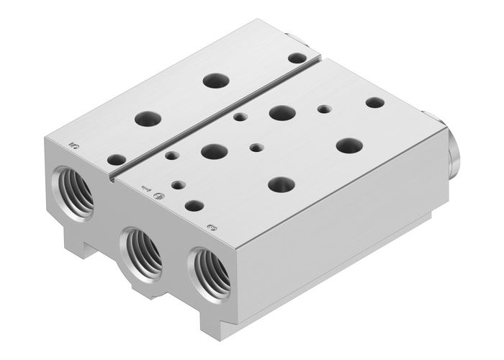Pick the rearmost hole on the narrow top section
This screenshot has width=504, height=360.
(x=296, y=58)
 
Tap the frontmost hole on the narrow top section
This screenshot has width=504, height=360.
(x=115, y=159)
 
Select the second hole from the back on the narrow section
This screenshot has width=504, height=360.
(x=215, y=80)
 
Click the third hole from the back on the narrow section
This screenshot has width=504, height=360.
(x=148, y=118)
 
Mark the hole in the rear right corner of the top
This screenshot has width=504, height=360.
(x=374, y=102)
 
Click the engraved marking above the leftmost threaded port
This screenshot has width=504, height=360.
(x=73, y=145)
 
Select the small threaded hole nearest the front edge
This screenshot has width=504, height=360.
(x=176, y=184)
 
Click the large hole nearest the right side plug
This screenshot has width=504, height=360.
(x=348, y=145)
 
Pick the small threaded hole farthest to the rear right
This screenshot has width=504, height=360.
(x=324, y=109)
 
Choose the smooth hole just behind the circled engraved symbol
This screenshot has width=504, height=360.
(x=194, y=205)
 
